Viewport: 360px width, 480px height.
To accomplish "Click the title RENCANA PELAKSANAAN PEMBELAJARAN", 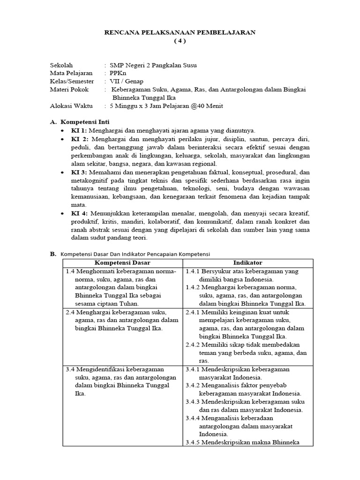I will pos(180,32).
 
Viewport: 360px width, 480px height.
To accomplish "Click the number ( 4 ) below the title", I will pos(180,40).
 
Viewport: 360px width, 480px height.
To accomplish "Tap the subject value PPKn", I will pos(117,73).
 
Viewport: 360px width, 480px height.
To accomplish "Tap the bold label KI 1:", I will pos(79,130).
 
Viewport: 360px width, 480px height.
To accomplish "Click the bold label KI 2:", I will pos(79,139).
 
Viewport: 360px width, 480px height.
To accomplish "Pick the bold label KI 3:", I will pos(79,172).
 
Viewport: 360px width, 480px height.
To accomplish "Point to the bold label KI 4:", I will pos(79,213).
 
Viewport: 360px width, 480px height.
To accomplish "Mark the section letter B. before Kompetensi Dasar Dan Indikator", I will pos(53,254).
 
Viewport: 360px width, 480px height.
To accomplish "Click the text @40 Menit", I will pos(207,105).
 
